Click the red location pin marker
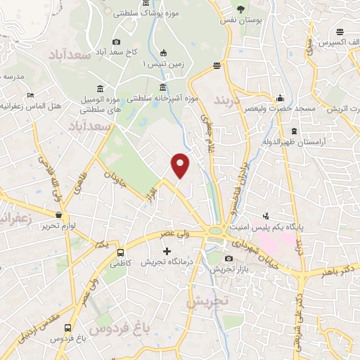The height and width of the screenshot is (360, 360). point(181,165)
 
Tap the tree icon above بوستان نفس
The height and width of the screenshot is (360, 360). point(241,9)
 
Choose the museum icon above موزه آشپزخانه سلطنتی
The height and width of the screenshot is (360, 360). point(163,88)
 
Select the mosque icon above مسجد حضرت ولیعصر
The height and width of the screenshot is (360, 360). point(281,98)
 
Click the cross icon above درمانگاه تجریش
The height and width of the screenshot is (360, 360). point(167,251)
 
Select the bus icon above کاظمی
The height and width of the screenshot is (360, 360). point(121,252)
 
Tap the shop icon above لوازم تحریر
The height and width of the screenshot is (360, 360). point(58,215)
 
